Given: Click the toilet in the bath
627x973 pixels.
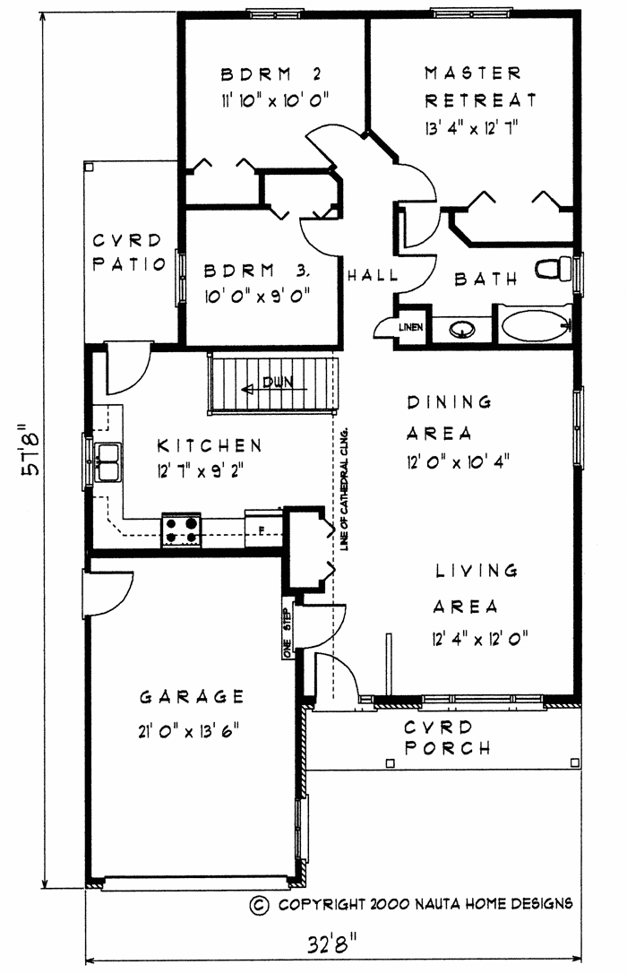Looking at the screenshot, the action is point(554,269).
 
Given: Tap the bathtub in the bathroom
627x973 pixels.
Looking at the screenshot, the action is point(536,325).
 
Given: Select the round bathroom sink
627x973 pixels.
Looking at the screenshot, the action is point(461,329).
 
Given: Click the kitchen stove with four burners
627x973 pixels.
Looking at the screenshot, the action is point(182,530).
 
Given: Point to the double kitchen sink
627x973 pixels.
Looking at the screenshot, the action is point(107,462).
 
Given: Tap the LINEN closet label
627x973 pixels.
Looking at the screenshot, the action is point(410,327).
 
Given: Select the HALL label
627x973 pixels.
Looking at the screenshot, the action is point(372,275).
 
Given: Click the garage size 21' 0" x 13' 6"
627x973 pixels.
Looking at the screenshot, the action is point(189,731).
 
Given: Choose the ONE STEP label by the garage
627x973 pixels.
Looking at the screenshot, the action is point(287,632).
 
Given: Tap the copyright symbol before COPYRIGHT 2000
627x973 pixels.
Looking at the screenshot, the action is point(259,905).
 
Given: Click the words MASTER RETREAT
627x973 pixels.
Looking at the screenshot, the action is point(480,86).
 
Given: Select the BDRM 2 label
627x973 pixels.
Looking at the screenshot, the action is point(271,74).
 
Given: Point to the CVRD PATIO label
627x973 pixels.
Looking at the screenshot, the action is point(129,252).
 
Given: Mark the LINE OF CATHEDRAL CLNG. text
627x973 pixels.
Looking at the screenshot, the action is point(345,488).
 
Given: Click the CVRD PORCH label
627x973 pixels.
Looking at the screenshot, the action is point(447,737).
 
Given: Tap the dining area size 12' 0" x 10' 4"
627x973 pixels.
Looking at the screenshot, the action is point(459,462).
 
